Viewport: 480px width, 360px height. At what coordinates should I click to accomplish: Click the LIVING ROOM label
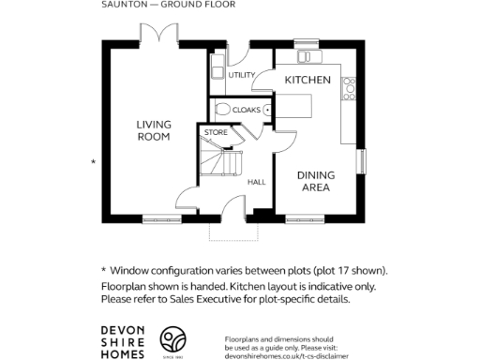pos(153,130)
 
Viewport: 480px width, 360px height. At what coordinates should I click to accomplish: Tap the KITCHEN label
pos(307,81)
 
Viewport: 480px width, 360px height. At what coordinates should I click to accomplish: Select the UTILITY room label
pos(242,75)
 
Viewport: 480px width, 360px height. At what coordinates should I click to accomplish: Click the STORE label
pos(216,133)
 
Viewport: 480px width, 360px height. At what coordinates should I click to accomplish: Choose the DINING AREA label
pos(314,181)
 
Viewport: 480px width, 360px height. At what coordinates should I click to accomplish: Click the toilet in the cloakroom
pos(222,110)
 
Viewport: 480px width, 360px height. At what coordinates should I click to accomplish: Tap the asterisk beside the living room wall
pos(93,163)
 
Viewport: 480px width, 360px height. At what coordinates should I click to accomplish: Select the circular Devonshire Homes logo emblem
pos(173,340)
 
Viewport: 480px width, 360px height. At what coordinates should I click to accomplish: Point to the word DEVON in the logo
pos(123,331)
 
